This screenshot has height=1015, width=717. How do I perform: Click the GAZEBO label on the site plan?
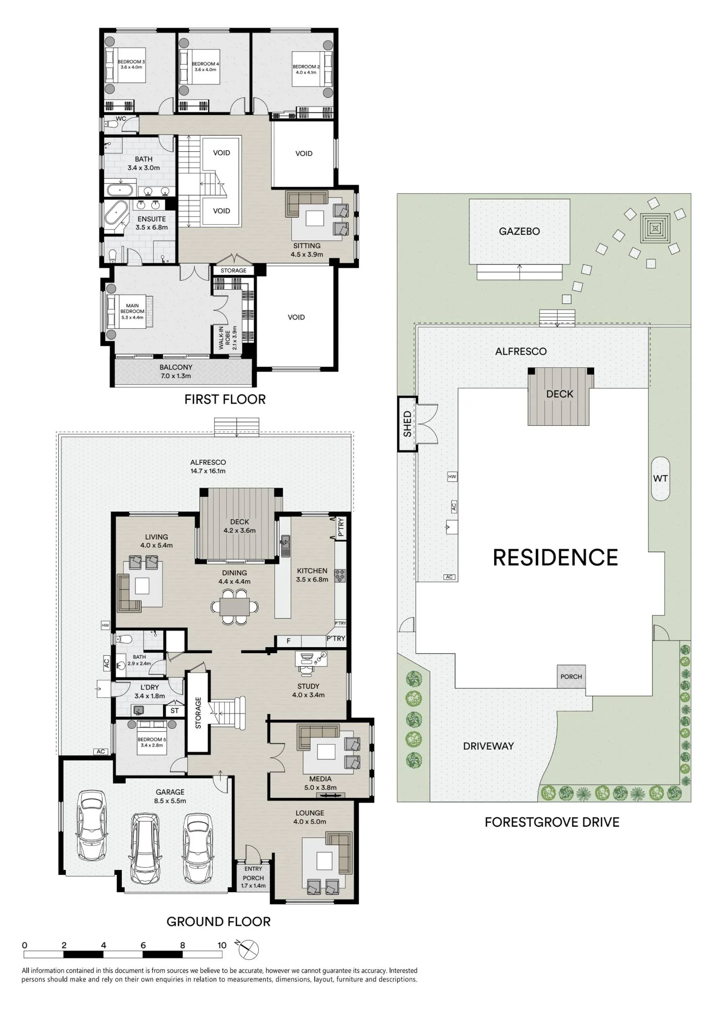(x=519, y=231)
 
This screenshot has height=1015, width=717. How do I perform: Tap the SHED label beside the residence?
(x=407, y=424)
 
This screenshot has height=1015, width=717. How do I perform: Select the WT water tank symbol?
(x=660, y=479)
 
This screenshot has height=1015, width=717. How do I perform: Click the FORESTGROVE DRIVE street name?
(x=552, y=822)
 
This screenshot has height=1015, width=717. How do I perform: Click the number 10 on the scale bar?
(x=222, y=945)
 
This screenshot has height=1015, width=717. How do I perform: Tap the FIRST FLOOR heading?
(x=225, y=399)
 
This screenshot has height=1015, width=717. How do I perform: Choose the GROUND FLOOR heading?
(x=218, y=922)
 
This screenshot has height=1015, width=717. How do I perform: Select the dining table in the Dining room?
(x=234, y=606)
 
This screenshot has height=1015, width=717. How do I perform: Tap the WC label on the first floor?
(x=121, y=119)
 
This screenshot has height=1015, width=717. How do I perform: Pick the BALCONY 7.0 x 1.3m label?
(x=176, y=371)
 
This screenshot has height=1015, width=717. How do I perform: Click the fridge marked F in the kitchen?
(x=288, y=641)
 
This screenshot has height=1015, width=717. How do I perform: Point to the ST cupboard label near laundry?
(x=175, y=710)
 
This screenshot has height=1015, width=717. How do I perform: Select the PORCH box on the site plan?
(x=571, y=676)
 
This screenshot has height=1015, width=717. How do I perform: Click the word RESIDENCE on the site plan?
(x=555, y=558)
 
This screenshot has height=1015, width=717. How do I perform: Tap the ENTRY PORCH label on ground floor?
(x=253, y=877)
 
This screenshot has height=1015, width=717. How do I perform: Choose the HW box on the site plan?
(x=452, y=477)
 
